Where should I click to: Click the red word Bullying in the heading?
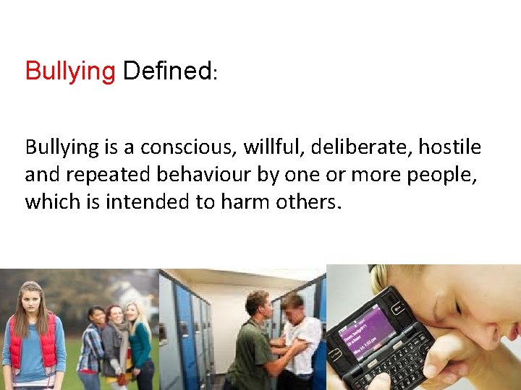[70, 72]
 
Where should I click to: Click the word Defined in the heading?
[167, 71]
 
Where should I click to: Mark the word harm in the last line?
[242, 201]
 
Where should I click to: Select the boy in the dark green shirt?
[250, 347]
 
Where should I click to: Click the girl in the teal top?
[140, 347]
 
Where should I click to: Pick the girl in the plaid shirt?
[92, 347]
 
